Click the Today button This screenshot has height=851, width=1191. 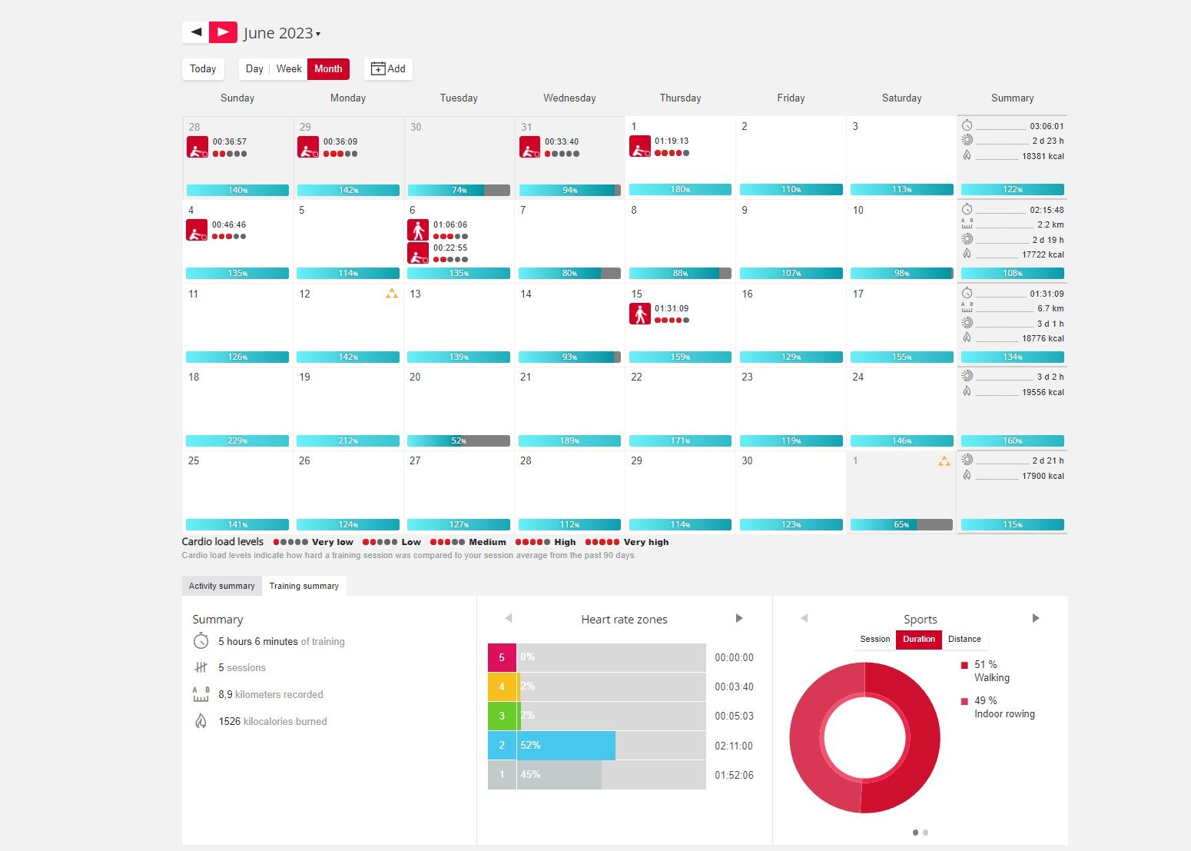tap(203, 69)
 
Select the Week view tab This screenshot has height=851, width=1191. tap(289, 69)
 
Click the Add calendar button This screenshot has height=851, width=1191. tap(388, 69)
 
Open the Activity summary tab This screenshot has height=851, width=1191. tap(221, 586)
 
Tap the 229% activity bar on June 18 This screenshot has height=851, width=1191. tap(237, 441)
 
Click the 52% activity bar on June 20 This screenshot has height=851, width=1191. tap(459, 441)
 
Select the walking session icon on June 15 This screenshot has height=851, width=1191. tap(640, 314)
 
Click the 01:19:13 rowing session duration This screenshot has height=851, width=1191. tap(672, 141)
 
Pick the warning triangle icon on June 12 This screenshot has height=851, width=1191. tap(392, 294)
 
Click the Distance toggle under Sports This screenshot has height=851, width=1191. tap(964, 640)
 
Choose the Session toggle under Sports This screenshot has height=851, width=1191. tap(874, 640)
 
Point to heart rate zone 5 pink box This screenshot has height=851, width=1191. tap(502, 658)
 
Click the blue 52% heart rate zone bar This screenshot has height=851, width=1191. tap(567, 746)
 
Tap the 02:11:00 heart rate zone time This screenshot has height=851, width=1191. tap(734, 746)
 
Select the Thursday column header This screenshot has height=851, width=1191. tap(680, 98)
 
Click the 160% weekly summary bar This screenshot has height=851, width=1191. tap(1012, 441)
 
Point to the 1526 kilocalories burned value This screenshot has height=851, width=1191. tap(229, 722)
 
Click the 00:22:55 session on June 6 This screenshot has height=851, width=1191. tap(450, 248)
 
